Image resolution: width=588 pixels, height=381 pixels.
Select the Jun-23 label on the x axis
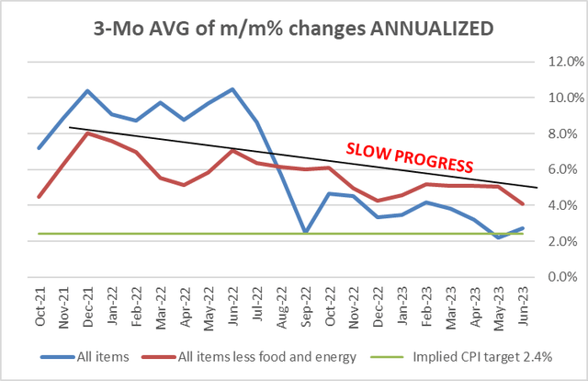(x=522, y=303)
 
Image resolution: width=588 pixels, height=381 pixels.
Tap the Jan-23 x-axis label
(x=401, y=303)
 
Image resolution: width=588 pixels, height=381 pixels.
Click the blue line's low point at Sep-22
(x=305, y=232)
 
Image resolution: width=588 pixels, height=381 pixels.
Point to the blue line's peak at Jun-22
(x=232, y=89)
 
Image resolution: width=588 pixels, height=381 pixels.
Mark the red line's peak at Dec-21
(x=87, y=133)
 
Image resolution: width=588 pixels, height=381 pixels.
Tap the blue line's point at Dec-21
(x=87, y=91)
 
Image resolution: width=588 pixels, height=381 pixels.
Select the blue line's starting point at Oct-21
(x=39, y=148)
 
